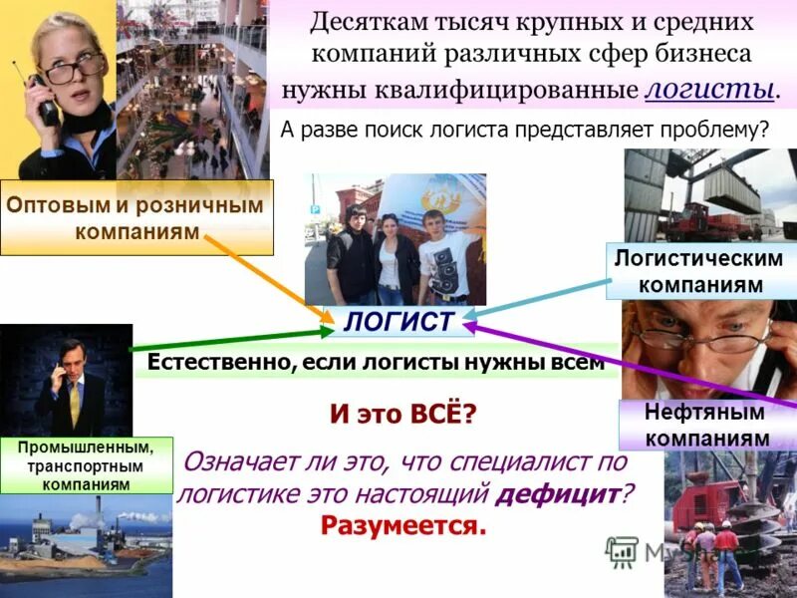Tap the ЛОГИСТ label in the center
(398, 321)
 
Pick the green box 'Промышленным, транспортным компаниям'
(86, 464)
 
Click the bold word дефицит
(561, 491)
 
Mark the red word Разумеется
(403, 525)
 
